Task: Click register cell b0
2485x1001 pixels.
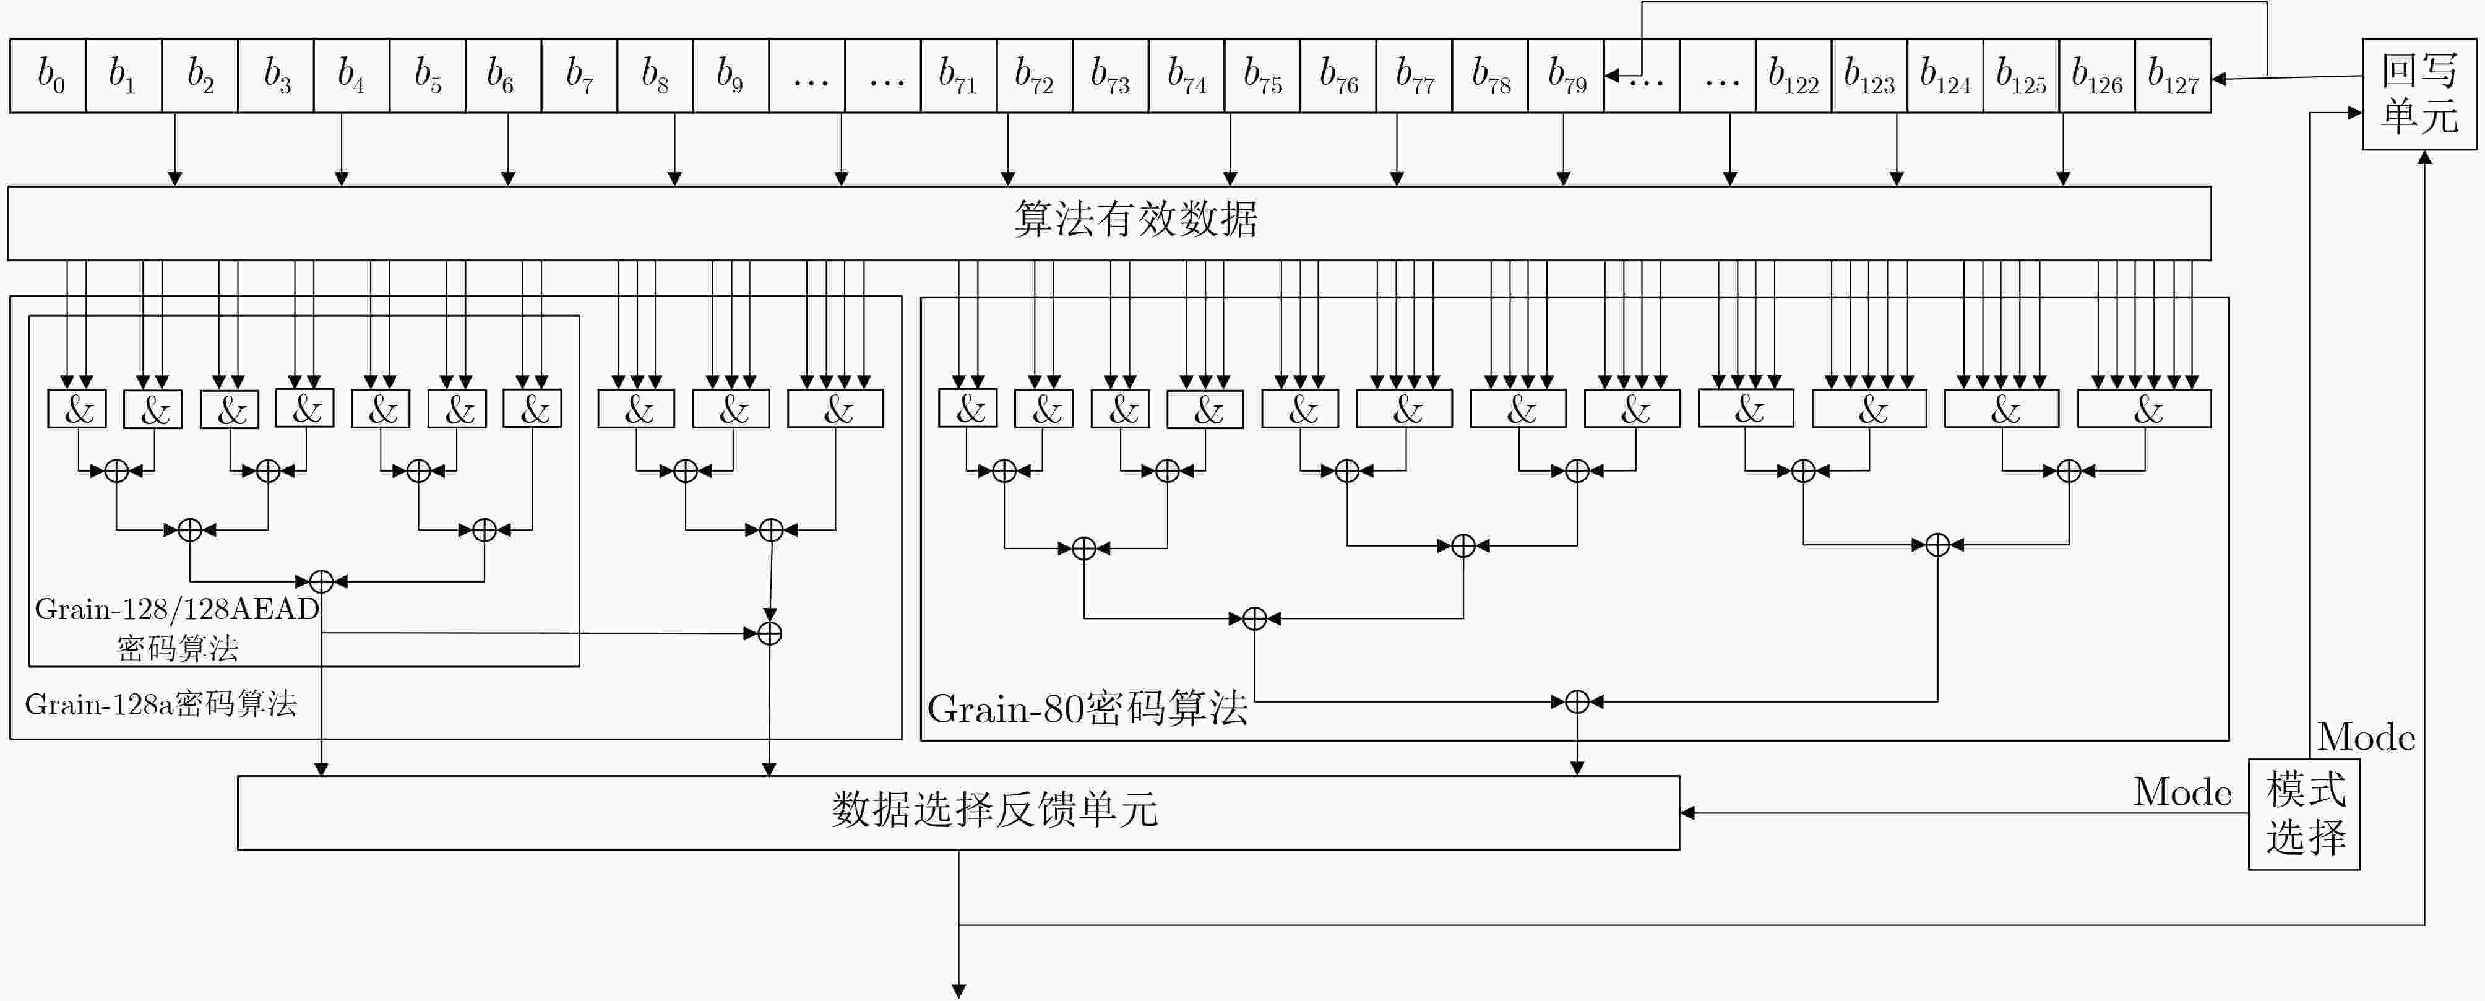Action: pos(48,76)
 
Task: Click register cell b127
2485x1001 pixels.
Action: pos(2173,76)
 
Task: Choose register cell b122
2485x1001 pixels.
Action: pos(1793,76)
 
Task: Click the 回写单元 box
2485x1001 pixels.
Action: pos(2418,95)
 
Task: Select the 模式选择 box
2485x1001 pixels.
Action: pos(2304,813)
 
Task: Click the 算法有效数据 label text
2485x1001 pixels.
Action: pos(1135,219)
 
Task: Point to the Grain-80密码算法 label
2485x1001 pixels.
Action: pos(1087,709)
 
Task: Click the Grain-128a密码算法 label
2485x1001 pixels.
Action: pos(160,704)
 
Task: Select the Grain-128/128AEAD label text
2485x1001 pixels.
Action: pos(176,609)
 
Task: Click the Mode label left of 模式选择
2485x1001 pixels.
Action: pos(2182,792)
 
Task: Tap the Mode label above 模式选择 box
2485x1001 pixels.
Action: pos(2366,737)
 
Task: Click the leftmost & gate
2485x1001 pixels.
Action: pos(77,409)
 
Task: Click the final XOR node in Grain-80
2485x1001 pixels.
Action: pos(1576,702)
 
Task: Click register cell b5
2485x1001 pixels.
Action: pos(428,76)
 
